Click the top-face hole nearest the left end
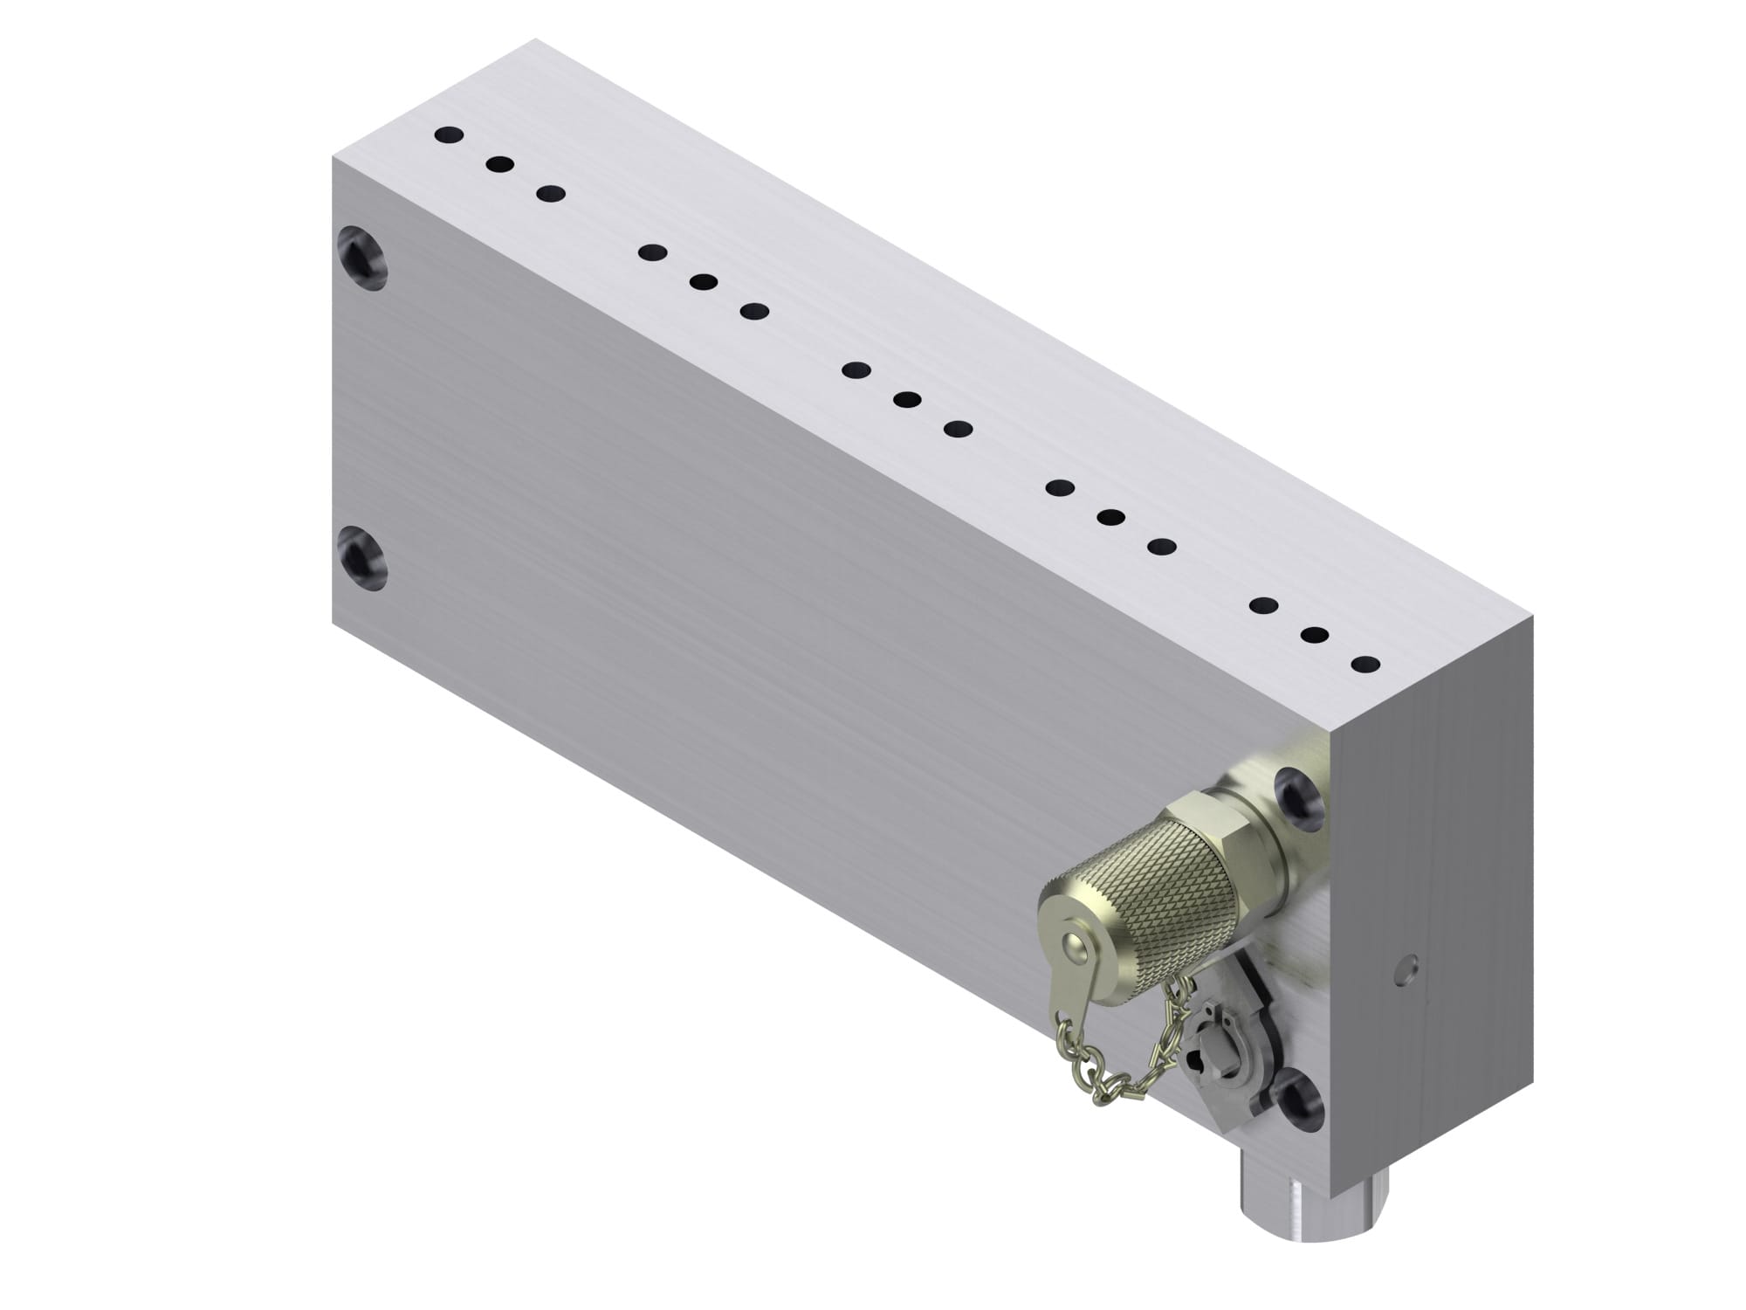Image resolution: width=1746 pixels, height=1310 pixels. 449,135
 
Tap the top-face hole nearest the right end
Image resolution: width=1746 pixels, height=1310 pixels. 1365,664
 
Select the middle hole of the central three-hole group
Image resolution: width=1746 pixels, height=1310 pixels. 907,400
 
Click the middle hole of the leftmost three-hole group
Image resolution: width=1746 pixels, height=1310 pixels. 499,164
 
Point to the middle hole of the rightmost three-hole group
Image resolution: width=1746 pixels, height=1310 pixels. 1315,635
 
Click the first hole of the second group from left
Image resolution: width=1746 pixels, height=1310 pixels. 652,252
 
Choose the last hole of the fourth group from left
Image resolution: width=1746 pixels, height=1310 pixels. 1161,547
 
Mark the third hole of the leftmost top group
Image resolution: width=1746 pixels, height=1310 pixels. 550,193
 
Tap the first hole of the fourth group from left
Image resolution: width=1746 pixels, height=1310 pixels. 1060,487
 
